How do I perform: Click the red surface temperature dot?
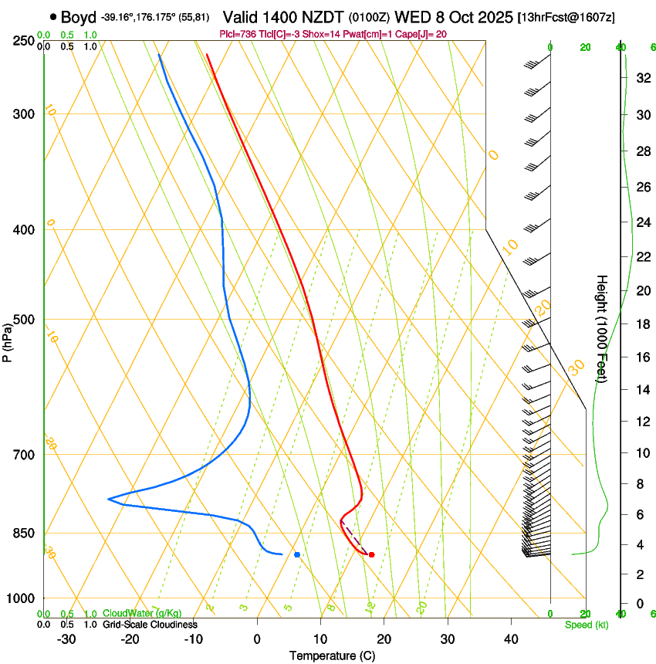[x=371, y=554]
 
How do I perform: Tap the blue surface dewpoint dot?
[x=297, y=554]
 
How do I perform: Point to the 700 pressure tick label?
[x=24, y=455]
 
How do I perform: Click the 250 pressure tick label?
[x=24, y=41]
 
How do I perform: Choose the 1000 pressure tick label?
[x=22, y=598]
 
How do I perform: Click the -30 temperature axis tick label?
[x=66, y=639]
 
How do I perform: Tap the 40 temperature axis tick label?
[x=511, y=639]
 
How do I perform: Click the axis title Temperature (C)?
[x=332, y=656]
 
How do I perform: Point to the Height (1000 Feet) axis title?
[x=603, y=328]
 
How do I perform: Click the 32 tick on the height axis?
[x=642, y=78]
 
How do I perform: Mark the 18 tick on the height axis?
[x=642, y=324]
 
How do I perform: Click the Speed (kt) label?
[x=587, y=625]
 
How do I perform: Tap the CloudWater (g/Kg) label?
[x=142, y=614]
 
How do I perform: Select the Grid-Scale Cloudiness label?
[x=150, y=625]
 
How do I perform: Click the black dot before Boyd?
[x=52, y=15]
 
